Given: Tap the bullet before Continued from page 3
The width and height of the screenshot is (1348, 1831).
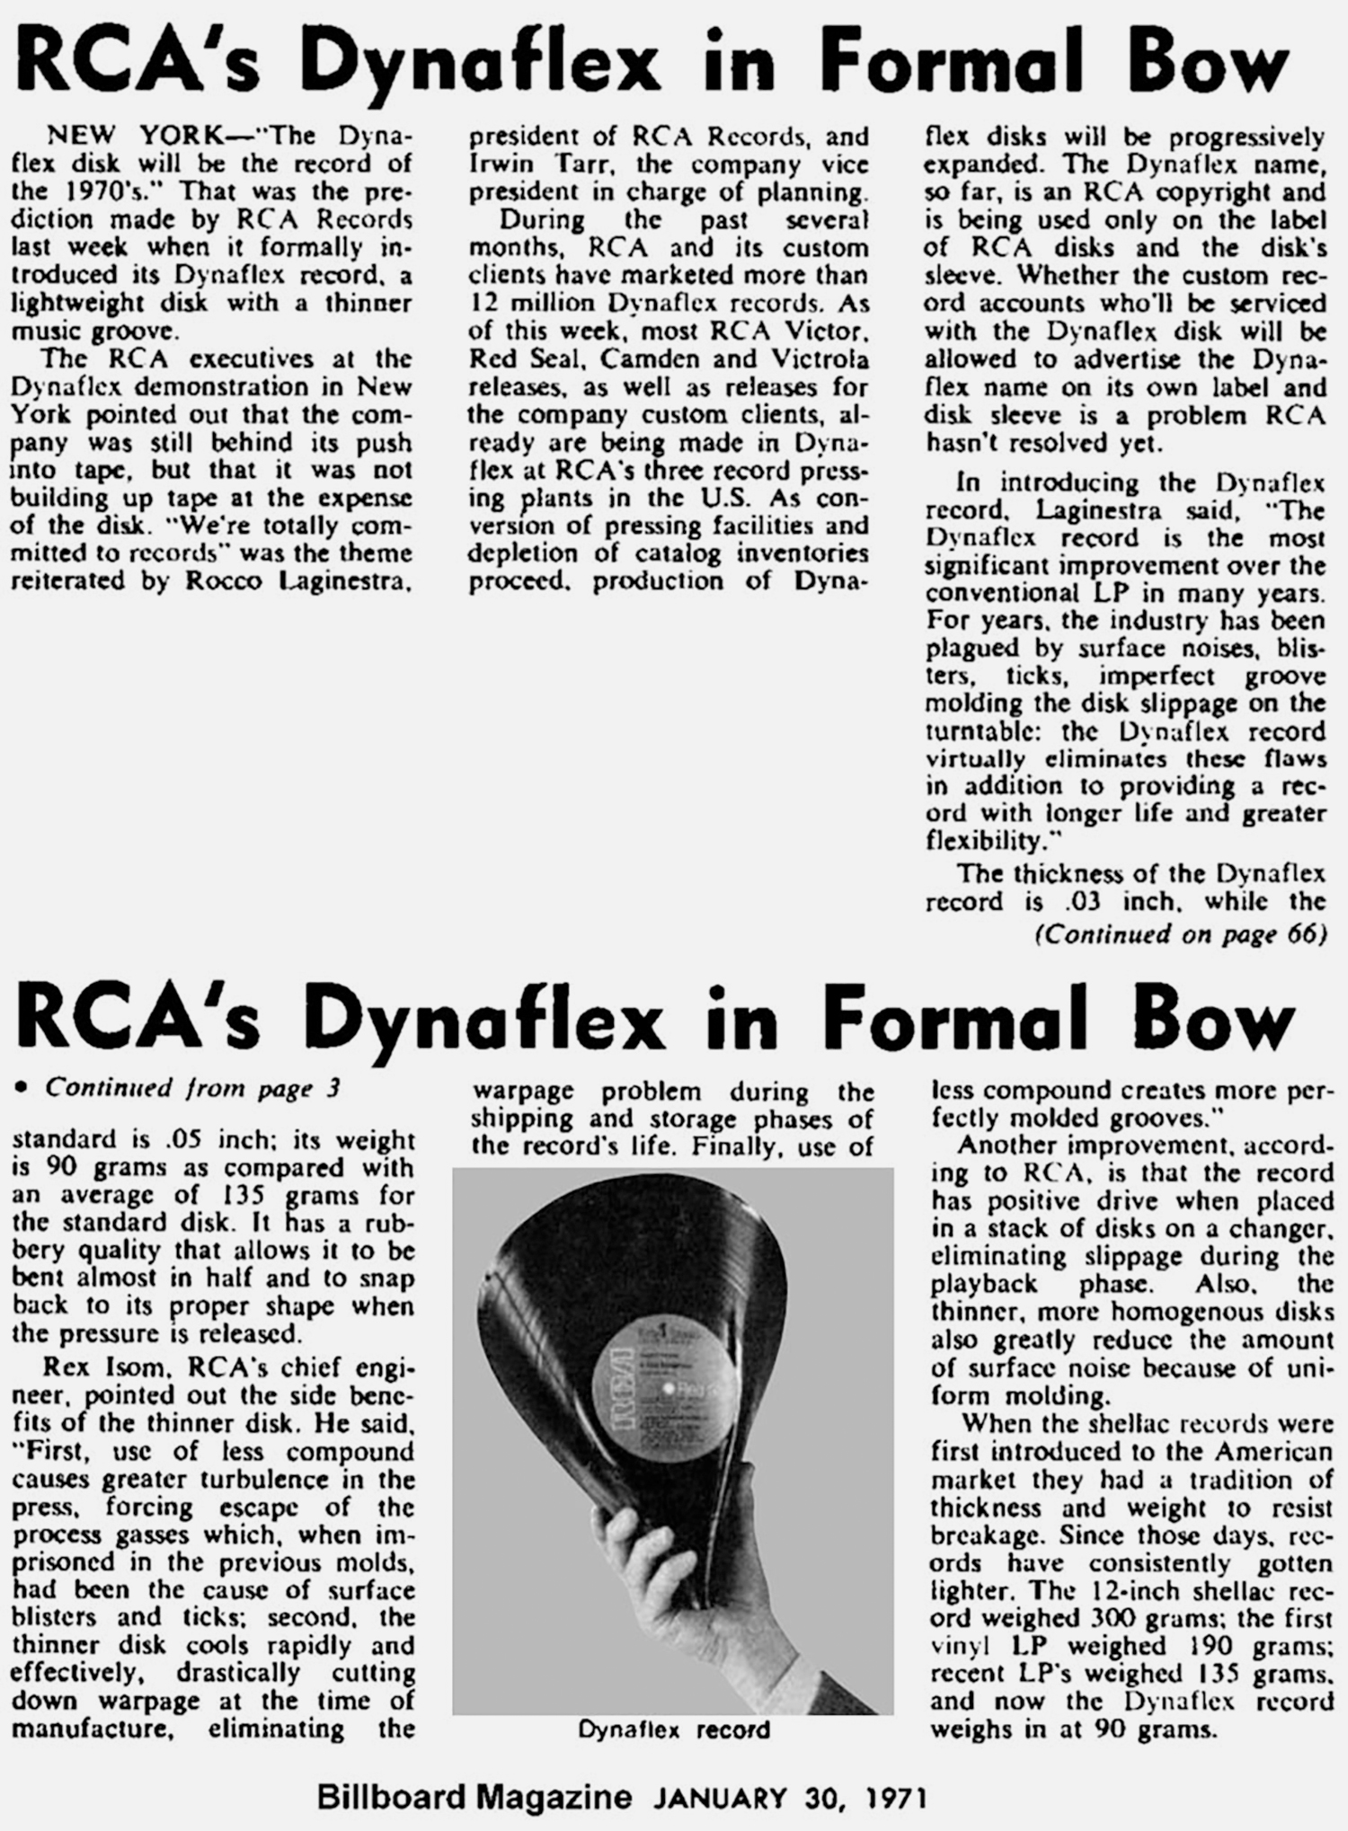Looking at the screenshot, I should click(x=22, y=1088).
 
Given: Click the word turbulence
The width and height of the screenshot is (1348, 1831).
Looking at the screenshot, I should click(x=246, y=1479).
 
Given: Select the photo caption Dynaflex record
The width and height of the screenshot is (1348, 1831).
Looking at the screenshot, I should click(x=674, y=1729).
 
